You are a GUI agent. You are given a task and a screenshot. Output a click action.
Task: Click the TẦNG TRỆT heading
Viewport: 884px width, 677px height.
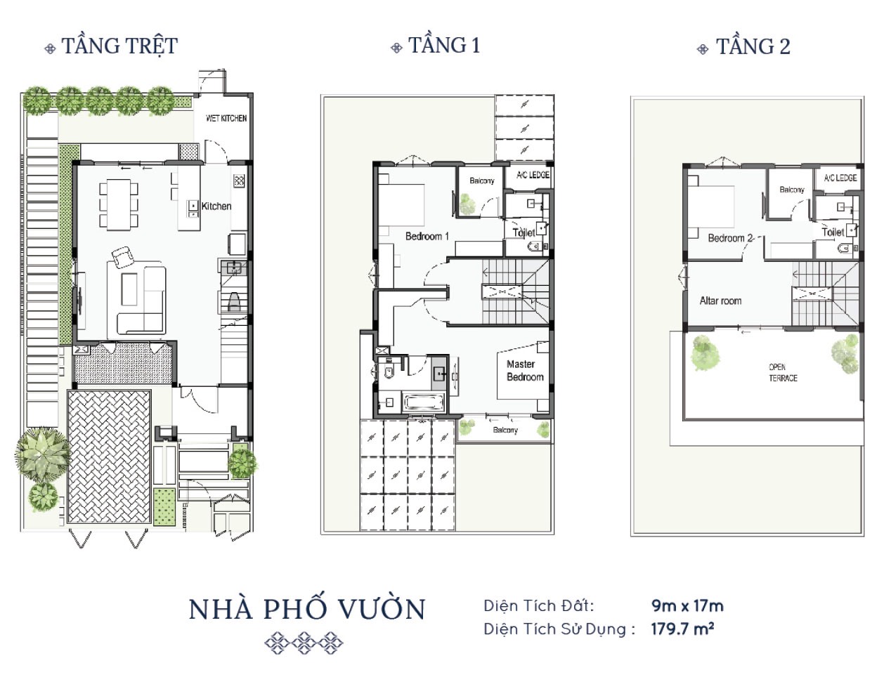tap(119, 46)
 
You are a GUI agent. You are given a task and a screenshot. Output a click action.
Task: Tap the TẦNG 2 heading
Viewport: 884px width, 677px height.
tap(753, 46)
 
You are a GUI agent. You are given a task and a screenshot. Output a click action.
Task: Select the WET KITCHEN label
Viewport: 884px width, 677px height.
tap(226, 118)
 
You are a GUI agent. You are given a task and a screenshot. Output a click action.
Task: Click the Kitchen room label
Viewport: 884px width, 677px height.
tap(216, 206)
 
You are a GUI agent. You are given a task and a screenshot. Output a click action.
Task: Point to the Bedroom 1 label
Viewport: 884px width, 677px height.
tap(427, 236)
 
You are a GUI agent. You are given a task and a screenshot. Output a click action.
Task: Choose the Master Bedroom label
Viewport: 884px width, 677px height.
tap(525, 371)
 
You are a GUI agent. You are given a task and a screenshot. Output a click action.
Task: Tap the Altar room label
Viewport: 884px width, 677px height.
tap(720, 301)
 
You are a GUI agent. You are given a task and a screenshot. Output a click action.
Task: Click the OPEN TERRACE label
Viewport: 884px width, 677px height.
tap(783, 373)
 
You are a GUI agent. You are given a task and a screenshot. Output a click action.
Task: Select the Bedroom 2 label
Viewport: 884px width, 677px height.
tap(730, 238)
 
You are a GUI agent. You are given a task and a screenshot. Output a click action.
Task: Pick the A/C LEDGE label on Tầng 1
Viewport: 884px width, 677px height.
tap(533, 175)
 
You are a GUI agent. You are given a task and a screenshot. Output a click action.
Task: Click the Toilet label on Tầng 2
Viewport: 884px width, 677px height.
tap(833, 232)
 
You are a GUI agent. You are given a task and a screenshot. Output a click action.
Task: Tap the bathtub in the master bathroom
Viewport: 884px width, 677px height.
tap(423, 402)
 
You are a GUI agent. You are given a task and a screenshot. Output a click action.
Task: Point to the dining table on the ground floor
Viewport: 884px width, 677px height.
tap(118, 204)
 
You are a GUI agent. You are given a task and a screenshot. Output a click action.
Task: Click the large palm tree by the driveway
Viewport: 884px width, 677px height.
tap(42, 454)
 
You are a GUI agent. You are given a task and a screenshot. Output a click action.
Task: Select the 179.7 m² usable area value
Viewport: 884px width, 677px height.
tap(682, 629)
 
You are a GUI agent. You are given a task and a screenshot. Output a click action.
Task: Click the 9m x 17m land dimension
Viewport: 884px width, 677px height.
tap(687, 606)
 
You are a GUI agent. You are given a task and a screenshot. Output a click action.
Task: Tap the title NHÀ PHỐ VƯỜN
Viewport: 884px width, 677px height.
tap(307, 609)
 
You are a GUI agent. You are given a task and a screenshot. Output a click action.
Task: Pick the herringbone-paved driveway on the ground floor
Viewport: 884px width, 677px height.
tap(110, 456)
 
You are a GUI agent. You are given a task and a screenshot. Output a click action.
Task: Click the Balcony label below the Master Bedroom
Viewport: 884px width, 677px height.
tap(505, 430)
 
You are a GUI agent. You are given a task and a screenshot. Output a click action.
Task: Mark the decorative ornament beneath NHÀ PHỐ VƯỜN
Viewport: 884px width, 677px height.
tap(304, 643)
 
